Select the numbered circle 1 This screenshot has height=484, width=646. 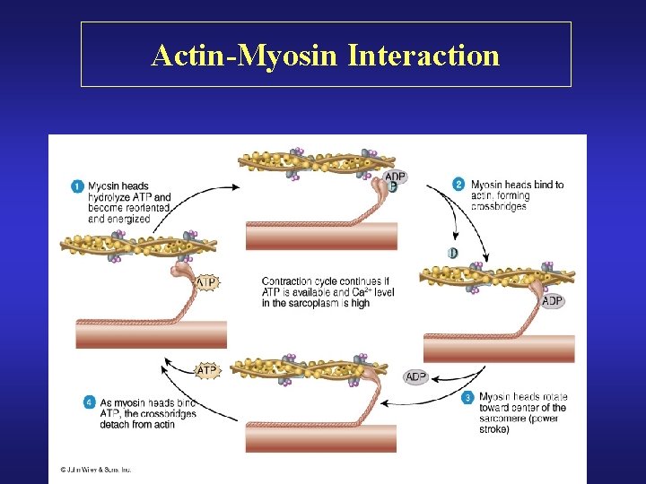click(77, 186)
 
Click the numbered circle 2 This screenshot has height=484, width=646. click(458, 185)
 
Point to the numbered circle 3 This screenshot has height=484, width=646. click(467, 397)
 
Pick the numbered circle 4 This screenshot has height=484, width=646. click(89, 402)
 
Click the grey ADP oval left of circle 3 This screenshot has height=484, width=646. click(416, 377)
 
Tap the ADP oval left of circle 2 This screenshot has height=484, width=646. click(396, 177)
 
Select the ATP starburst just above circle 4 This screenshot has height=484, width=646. click(207, 370)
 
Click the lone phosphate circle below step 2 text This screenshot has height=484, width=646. click(453, 254)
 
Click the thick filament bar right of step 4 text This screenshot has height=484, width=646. click(320, 437)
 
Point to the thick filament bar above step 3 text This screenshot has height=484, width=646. click(498, 348)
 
